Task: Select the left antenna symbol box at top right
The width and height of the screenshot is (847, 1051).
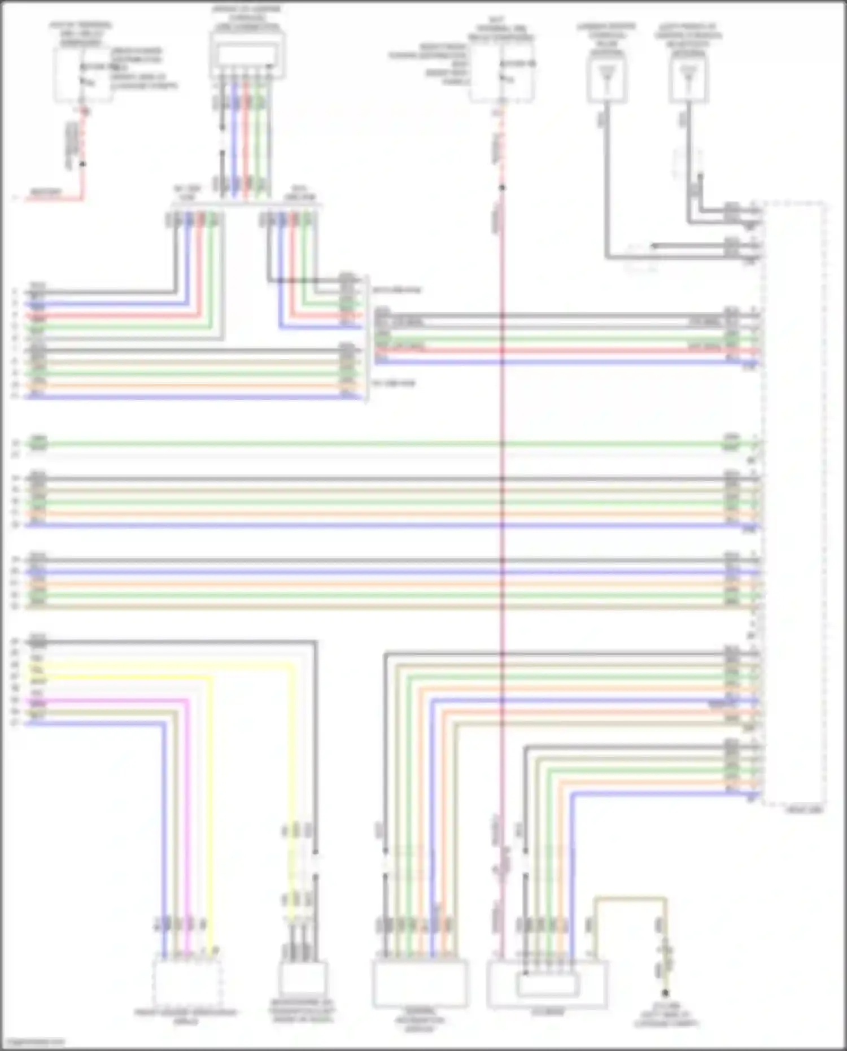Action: tap(606, 80)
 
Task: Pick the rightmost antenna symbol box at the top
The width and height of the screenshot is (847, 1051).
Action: tap(689, 80)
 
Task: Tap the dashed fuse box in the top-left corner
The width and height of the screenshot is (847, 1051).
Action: tap(82, 75)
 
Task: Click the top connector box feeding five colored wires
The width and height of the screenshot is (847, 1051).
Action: tap(247, 55)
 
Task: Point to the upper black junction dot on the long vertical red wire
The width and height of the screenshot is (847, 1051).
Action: tap(502, 187)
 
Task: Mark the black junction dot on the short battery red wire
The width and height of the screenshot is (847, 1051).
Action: tap(82, 164)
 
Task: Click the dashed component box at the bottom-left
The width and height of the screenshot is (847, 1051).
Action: tap(187, 983)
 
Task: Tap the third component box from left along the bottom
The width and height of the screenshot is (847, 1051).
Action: tap(420, 983)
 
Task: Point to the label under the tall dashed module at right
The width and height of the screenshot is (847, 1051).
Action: tap(804, 810)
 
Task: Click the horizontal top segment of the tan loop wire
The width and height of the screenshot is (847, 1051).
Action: tap(630, 899)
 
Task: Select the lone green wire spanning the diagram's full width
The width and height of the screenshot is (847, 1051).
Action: tap(384, 444)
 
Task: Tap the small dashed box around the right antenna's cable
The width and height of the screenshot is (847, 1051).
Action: tap(688, 164)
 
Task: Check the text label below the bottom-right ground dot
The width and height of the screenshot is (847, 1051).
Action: tap(666, 1015)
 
